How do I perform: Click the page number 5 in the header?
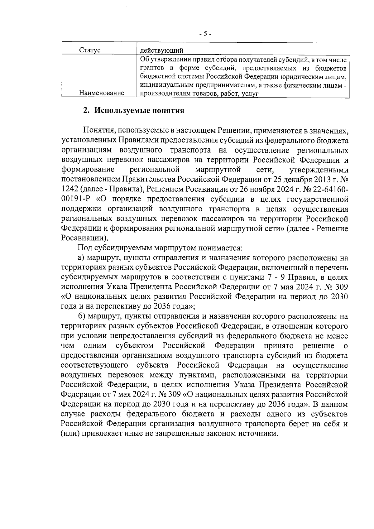tap(205, 34)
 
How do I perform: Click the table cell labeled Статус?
tap(90, 50)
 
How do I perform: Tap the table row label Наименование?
tap(102, 93)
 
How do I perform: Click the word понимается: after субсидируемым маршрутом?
tap(222, 248)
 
